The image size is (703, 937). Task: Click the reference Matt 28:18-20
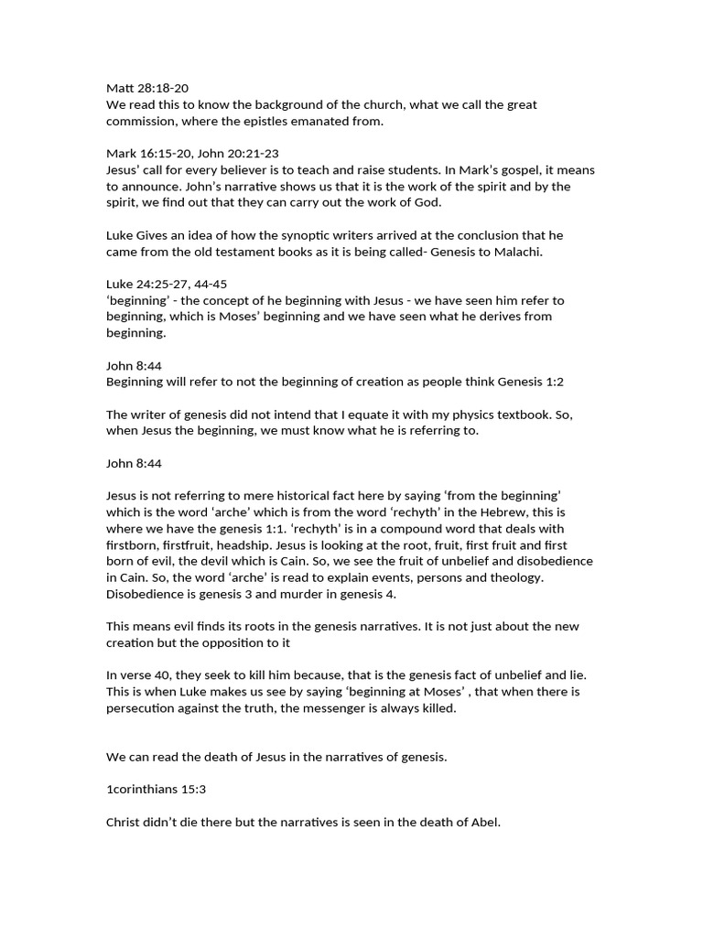147,88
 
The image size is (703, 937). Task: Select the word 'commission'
139,122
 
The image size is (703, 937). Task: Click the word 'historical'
310,495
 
